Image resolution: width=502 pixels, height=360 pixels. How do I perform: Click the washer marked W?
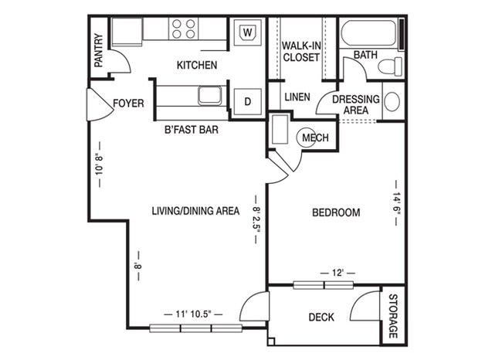247,33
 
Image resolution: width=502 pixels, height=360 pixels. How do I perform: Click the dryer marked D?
248,100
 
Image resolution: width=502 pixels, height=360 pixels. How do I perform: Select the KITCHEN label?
196,66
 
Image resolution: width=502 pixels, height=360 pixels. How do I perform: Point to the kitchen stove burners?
184,29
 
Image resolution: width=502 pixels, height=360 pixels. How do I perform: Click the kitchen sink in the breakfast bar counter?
210,97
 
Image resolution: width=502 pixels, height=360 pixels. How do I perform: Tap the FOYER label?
128,103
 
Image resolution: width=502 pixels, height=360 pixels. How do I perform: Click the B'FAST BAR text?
191,130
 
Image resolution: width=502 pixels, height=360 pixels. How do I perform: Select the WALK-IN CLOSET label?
301,51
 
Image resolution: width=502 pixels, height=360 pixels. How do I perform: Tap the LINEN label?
297,97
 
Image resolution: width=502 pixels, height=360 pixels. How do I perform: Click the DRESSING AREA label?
355,105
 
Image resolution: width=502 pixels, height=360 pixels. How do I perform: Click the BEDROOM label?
336,212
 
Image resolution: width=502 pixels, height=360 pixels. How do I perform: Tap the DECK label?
321,317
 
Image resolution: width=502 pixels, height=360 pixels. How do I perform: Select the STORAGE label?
392,317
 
